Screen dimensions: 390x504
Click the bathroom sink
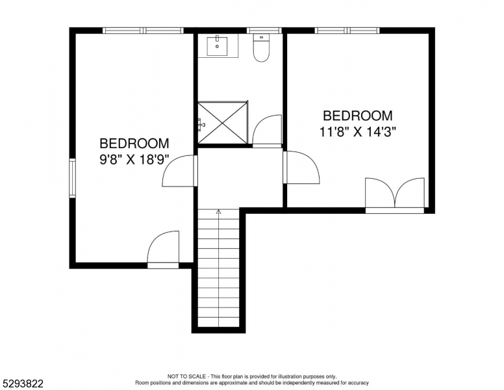[x=217, y=45]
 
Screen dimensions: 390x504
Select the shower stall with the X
[x=223, y=122]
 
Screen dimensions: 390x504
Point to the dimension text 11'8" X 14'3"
[x=357, y=131]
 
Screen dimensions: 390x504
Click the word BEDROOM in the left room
[x=134, y=143]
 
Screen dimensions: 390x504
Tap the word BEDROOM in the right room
[x=357, y=116]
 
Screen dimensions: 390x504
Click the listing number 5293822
[x=23, y=383]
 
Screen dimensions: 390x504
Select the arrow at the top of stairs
[x=218, y=212]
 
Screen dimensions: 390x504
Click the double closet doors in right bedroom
[x=395, y=194]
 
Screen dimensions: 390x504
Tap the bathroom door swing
[x=267, y=131]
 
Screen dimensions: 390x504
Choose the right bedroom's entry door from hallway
[x=301, y=168]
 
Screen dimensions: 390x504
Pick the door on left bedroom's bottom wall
[x=163, y=249]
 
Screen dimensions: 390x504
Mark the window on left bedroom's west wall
[x=73, y=178]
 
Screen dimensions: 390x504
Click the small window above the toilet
[x=264, y=31]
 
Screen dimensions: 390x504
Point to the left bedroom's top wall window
[x=144, y=31]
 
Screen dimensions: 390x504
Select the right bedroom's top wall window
[x=347, y=31]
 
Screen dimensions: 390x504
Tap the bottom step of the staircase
[x=219, y=321]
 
